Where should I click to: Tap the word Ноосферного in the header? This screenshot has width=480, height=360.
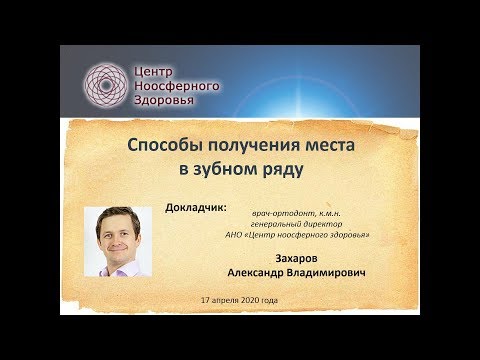click(178, 85)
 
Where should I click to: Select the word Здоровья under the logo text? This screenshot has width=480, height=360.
click(166, 102)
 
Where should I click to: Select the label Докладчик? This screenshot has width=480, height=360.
click(195, 209)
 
